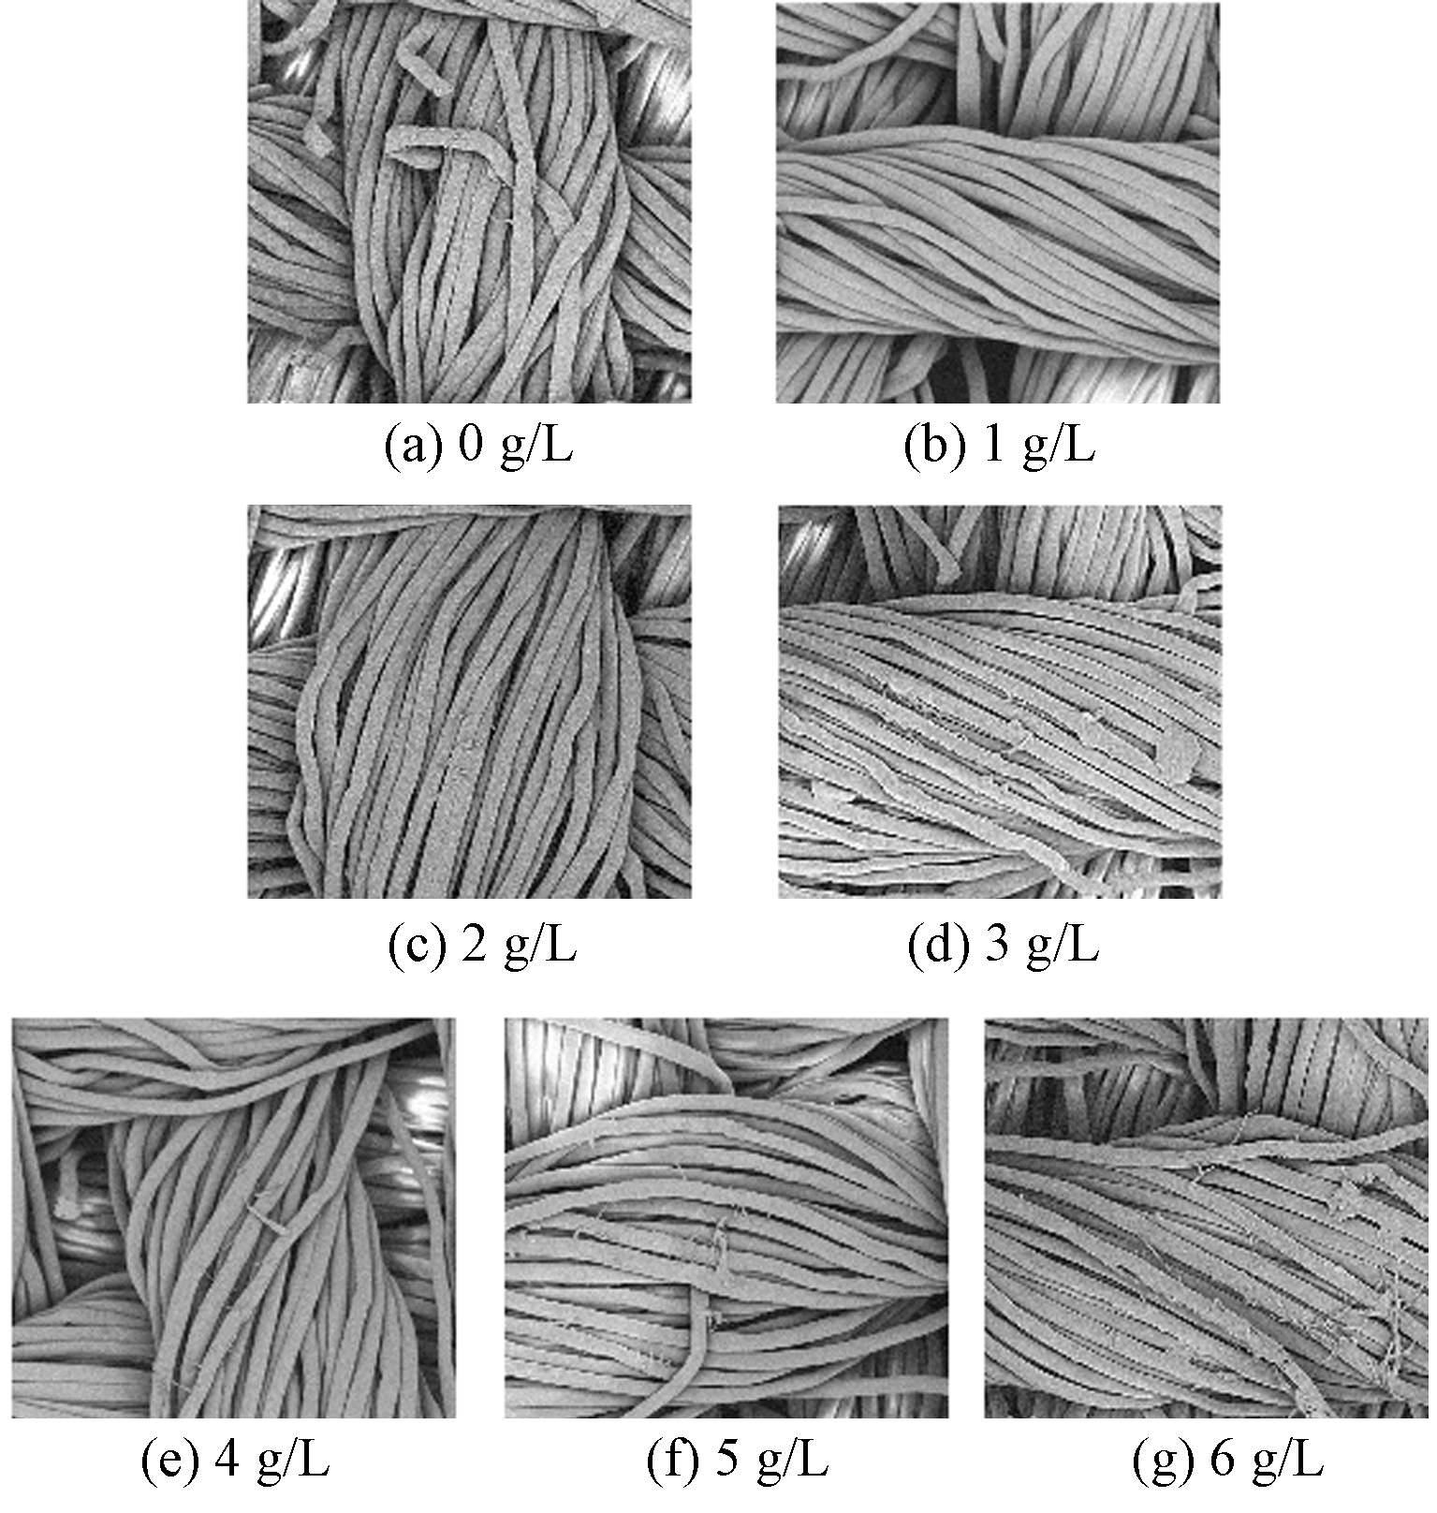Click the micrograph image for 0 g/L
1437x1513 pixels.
469,202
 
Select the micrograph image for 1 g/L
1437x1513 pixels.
997,202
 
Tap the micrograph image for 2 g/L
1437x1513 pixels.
469,701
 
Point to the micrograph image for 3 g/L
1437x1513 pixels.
1000,701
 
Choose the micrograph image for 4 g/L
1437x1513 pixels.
233,1217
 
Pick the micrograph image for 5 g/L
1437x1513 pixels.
726,1217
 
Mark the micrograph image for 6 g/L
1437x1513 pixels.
1207,1217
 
